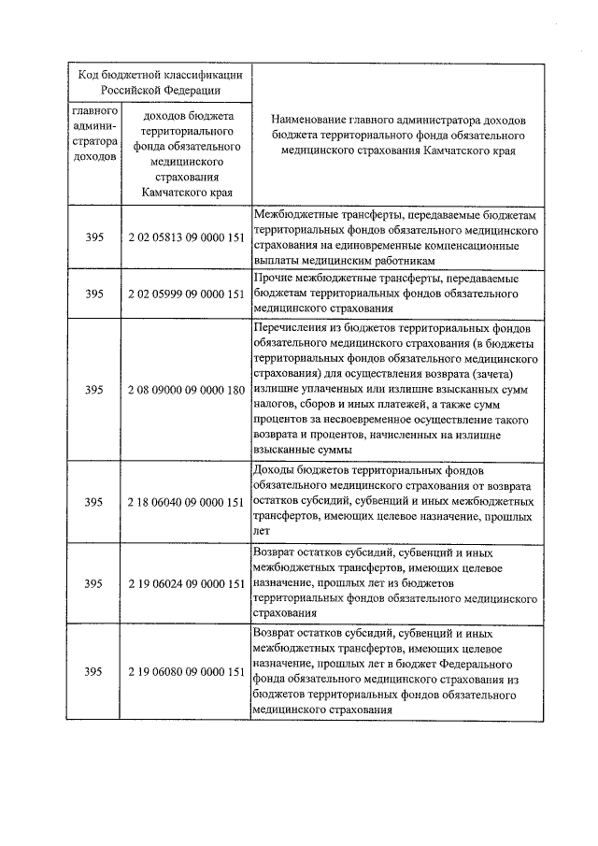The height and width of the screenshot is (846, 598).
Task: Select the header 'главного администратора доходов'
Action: [x=93, y=136]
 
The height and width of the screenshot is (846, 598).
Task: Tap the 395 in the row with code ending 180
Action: [x=93, y=388]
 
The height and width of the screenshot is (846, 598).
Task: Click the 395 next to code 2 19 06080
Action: [x=93, y=671]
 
